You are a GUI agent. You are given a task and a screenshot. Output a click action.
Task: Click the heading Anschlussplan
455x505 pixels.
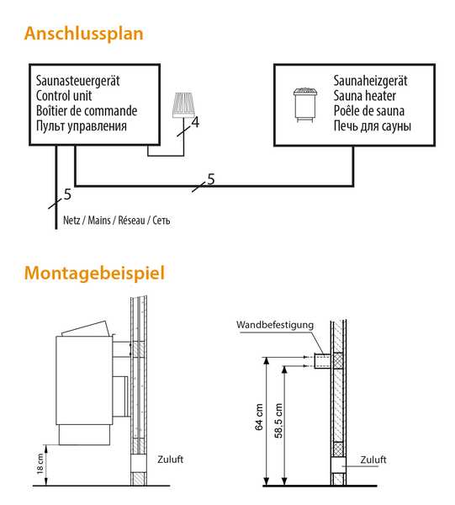83,34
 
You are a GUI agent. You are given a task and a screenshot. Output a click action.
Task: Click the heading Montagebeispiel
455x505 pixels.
94,273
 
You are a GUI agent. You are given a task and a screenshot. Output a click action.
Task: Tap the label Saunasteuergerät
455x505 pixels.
77,81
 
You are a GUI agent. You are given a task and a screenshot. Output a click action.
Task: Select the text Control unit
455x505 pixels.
64,96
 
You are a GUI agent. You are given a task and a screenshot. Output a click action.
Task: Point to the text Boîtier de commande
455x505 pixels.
87,111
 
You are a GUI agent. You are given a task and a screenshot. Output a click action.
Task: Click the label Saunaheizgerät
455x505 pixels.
370,81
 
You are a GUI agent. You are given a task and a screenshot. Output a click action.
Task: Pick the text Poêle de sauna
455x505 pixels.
368,111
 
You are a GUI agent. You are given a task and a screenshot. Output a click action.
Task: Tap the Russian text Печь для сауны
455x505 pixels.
372,126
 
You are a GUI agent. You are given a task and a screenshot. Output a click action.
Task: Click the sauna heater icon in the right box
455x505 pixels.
305,104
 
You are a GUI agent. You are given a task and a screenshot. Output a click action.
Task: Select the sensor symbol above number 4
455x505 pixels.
183,105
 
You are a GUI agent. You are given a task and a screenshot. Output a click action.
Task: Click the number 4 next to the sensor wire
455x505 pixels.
195,123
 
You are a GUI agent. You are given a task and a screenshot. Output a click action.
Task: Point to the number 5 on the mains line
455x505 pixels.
67,194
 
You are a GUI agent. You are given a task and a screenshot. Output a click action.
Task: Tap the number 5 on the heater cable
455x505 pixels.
211,179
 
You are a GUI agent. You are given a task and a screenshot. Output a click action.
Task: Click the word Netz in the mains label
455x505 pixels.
71,221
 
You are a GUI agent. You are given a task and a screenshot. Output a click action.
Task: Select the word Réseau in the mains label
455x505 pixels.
131,221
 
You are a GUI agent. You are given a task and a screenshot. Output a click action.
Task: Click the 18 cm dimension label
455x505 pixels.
40,464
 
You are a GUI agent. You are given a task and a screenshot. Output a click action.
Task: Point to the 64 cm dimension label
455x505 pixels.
259,417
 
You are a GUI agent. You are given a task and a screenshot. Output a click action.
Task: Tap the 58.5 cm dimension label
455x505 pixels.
278,421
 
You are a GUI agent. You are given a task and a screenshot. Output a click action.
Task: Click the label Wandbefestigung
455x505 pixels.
275,325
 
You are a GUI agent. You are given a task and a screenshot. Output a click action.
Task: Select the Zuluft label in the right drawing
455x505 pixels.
373,460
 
